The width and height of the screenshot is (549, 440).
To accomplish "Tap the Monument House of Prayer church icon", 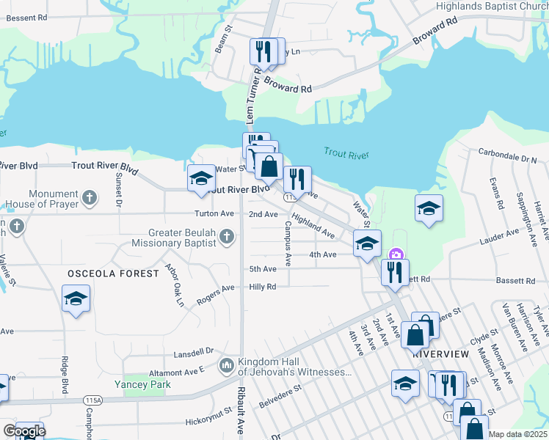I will [90, 197].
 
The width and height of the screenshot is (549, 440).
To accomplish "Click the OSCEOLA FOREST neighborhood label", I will [113, 274].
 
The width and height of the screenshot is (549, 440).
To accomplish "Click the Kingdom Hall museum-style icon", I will [226, 364].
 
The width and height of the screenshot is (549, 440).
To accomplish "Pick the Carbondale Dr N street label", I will [508, 158].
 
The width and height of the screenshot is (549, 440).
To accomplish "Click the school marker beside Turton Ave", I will [201, 179].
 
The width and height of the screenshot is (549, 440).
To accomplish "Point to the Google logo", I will [24, 430].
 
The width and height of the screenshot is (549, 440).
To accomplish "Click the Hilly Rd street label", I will [262, 287].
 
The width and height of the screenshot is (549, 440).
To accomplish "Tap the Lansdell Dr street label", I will [193, 353].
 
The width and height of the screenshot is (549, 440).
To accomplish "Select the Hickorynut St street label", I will [209, 422].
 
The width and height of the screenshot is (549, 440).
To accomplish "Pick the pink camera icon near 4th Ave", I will [396, 255].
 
